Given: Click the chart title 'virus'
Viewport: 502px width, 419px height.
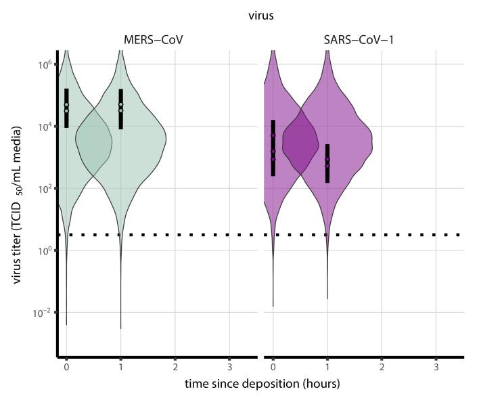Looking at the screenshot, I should (x=260, y=16).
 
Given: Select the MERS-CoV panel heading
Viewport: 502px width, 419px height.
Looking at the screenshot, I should (x=153, y=41).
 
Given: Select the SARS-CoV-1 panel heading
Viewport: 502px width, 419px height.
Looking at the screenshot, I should (x=359, y=41).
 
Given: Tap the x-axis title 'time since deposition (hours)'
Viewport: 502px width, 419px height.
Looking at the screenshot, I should (x=262, y=384).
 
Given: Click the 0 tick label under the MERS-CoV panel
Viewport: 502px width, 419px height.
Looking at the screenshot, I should (x=66, y=366).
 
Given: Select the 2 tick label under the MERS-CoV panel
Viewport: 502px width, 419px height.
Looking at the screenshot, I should (x=175, y=366).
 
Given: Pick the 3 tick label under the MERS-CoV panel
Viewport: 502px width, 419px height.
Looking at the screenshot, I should (x=229, y=366).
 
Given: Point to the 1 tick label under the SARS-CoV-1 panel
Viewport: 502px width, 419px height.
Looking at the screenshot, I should (x=327, y=366).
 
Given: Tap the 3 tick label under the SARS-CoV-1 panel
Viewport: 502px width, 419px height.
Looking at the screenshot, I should (x=436, y=366).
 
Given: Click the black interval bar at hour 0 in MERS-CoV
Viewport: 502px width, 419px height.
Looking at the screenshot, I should (x=66, y=108).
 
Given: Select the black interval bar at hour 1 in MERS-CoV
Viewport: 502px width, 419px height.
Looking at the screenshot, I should (x=120, y=109).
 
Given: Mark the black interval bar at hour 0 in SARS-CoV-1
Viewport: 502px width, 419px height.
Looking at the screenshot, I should (x=273, y=148).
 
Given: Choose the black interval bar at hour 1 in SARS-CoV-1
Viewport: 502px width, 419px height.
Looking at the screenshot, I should (x=327, y=163).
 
